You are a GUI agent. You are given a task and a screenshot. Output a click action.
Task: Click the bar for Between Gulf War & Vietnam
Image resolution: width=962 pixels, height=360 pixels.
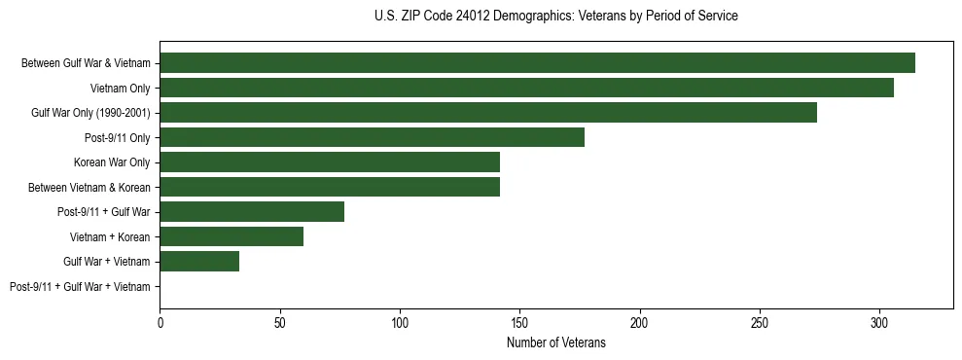537,63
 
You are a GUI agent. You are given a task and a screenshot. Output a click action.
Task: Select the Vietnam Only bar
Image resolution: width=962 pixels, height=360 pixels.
526,88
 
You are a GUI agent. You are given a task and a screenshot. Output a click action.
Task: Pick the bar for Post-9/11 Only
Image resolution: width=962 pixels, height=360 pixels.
372,137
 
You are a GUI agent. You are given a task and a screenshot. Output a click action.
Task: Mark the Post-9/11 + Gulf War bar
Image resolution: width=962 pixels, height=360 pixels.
252,212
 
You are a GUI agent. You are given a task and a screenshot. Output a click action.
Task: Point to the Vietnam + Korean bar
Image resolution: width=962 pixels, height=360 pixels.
232,236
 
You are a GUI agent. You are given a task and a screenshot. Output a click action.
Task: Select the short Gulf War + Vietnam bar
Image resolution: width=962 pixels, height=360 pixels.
199,261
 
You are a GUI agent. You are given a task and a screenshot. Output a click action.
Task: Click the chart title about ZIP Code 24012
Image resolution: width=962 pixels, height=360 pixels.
555,17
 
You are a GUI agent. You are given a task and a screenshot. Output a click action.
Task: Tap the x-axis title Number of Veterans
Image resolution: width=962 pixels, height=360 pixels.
555,342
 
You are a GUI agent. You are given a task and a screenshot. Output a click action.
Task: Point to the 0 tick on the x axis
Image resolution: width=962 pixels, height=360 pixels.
160,321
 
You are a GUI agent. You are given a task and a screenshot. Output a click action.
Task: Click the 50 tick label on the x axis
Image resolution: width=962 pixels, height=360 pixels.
280,321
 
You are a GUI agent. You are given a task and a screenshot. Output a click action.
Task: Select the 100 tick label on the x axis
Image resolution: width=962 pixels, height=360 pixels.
400,321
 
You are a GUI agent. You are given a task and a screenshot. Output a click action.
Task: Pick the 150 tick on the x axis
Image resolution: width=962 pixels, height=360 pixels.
519,321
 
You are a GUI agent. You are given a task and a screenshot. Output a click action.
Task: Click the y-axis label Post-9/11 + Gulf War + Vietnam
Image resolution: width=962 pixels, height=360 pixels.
80,286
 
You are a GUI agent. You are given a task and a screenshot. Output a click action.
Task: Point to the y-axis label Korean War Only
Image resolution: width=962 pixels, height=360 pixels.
112,162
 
